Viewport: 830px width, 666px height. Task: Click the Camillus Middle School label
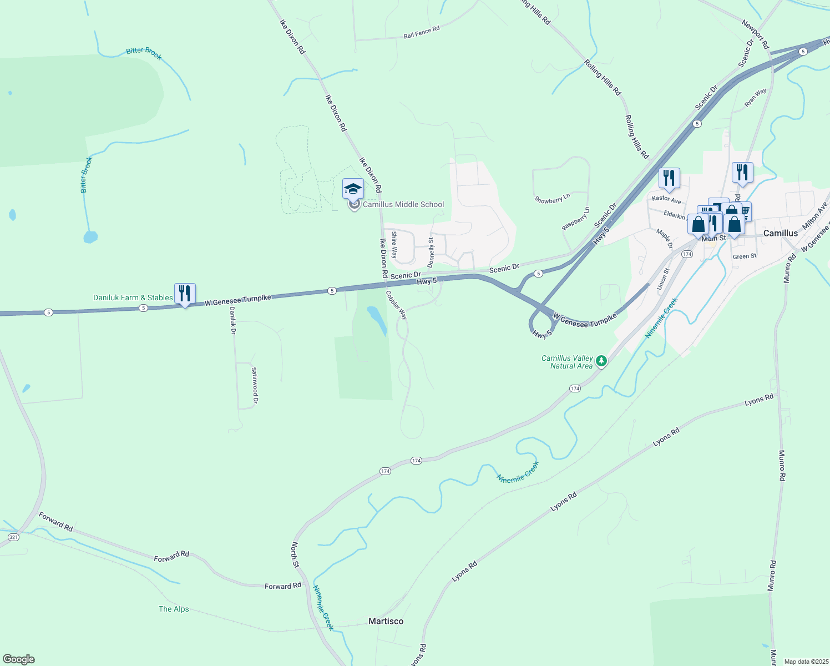click(403, 205)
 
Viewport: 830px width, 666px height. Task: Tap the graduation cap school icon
click(353, 190)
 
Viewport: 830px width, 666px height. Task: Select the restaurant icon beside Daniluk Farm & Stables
click(185, 293)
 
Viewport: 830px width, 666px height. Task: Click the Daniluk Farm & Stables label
click(133, 298)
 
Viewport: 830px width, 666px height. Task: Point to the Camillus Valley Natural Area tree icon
click(601, 362)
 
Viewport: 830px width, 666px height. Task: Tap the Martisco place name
click(386, 621)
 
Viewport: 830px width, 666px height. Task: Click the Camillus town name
click(780, 233)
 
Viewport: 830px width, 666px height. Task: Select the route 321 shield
click(14, 537)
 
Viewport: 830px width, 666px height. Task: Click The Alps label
click(174, 609)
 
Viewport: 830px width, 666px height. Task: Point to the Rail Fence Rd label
click(422, 32)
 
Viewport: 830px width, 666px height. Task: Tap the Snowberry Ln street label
click(552, 199)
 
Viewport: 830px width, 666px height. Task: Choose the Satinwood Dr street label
click(255, 385)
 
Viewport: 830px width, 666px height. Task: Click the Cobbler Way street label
click(397, 305)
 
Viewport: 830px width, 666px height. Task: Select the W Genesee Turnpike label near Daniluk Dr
click(237, 300)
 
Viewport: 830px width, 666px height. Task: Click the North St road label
click(296, 554)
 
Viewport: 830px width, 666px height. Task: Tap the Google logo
click(19, 659)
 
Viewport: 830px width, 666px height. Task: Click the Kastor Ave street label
click(666, 199)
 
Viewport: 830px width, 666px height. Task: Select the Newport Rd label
click(755, 34)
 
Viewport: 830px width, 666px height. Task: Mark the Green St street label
click(745, 256)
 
